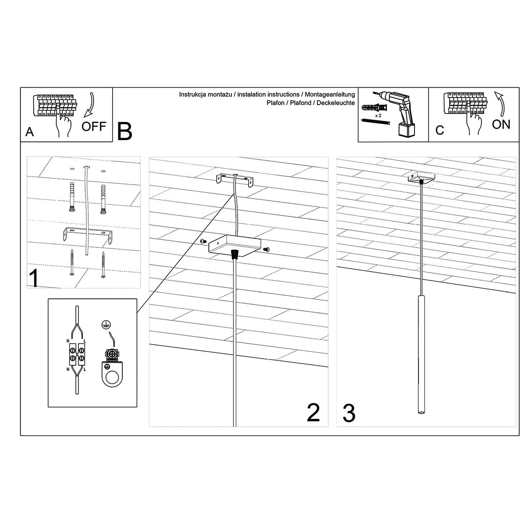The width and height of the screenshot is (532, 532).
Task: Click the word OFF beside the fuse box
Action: pos(94,126)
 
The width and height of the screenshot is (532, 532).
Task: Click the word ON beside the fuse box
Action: pos(501,125)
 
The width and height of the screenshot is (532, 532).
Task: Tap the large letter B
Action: pos(125,131)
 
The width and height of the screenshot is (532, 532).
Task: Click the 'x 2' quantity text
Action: pos(378,115)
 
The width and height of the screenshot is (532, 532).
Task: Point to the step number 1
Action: pos(34,278)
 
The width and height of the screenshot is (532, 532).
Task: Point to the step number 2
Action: pos(313,412)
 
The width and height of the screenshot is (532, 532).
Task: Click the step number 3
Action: pos(349,413)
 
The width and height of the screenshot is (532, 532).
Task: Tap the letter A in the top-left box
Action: pos(30,132)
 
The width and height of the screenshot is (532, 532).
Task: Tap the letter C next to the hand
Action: pos(439,130)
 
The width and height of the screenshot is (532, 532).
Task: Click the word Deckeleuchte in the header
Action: pos(336,103)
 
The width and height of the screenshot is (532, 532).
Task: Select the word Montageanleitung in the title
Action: pos(330,94)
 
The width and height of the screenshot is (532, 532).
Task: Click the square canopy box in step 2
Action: pos(235,246)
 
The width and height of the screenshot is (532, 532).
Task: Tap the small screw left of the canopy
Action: pos(203,241)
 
